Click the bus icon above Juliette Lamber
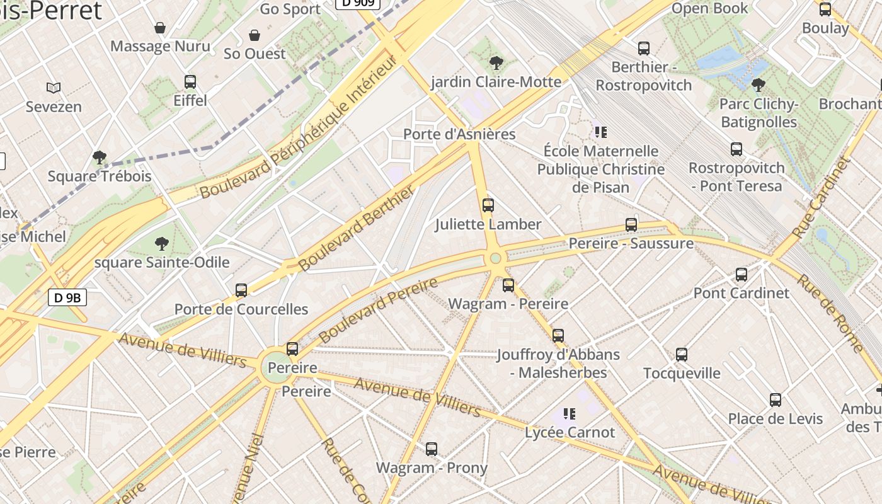click(x=488, y=205)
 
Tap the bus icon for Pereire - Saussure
click(x=631, y=224)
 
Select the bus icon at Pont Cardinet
click(x=741, y=274)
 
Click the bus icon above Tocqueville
click(x=681, y=354)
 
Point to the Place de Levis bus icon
click(x=775, y=399)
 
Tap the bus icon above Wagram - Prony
click(x=431, y=449)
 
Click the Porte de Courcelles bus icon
click(x=241, y=290)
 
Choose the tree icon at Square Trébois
click(x=99, y=157)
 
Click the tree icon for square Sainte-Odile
click(x=162, y=243)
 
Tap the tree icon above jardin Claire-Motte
click(x=496, y=62)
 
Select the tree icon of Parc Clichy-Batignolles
click(x=759, y=84)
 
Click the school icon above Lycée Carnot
click(x=569, y=413)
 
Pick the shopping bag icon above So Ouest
click(x=255, y=35)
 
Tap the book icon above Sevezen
click(x=54, y=88)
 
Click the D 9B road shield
click(x=67, y=297)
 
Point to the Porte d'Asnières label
click(x=459, y=134)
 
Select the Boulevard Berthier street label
click(x=356, y=227)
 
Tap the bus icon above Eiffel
click(x=190, y=81)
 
